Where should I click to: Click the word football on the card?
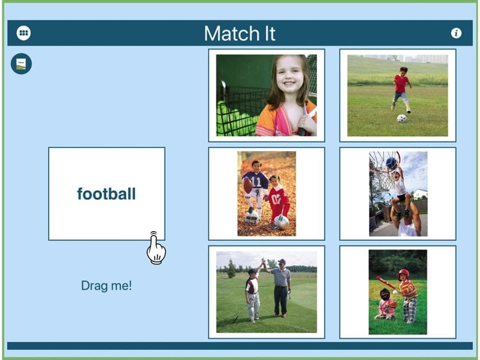click(106, 194)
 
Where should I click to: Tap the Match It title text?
click(240, 33)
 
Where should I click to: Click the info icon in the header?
click(456, 33)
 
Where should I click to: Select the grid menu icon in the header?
click(24, 33)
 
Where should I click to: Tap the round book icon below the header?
click(21, 63)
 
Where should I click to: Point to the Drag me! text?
click(106, 286)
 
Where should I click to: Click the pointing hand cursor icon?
click(156, 248)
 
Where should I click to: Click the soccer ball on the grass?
click(402, 119)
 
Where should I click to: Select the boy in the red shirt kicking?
click(401, 89)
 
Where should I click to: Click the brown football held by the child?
click(248, 185)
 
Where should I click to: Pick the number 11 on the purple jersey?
click(256, 182)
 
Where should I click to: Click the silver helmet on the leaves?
click(281, 222)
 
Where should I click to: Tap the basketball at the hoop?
click(392, 163)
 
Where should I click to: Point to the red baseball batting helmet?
click(403, 274)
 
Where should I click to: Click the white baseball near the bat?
click(396, 292)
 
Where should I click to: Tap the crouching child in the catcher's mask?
click(386, 304)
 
